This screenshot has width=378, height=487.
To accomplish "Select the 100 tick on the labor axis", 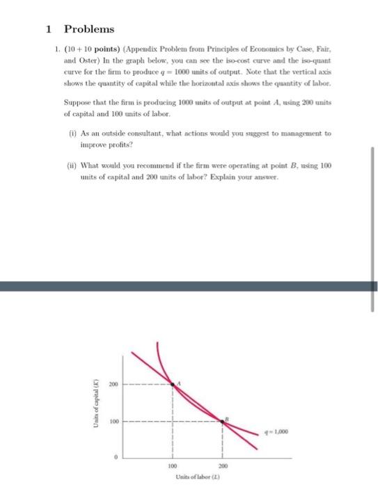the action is (x=173, y=467).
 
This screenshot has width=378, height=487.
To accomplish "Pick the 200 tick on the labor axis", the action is (x=223, y=467).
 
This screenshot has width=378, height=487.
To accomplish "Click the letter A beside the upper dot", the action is (x=180, y=381).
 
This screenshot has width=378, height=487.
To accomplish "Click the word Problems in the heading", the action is (x=89, y=30).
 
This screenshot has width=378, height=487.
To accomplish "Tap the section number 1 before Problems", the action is (x=48, y=30).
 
